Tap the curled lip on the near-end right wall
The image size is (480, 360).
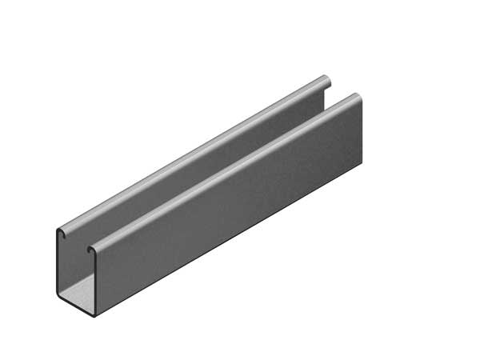point(92,250)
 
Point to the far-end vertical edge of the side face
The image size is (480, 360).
point(361,132)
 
